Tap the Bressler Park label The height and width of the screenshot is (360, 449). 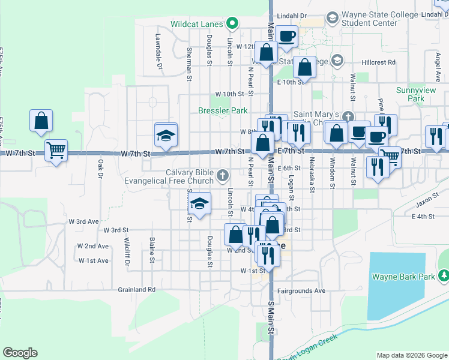pos(223,110)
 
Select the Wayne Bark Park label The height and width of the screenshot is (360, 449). pos(402,277)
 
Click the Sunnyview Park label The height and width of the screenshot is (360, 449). pos(410,94)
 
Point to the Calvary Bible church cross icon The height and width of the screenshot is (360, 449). pos(223,176)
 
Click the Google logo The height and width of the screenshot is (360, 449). pos(20,353)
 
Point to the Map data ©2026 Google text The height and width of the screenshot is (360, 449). pos(411,355)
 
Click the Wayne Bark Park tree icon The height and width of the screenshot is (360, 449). pos(444,275)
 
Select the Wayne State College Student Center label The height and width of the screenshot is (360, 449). pos(369,19)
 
